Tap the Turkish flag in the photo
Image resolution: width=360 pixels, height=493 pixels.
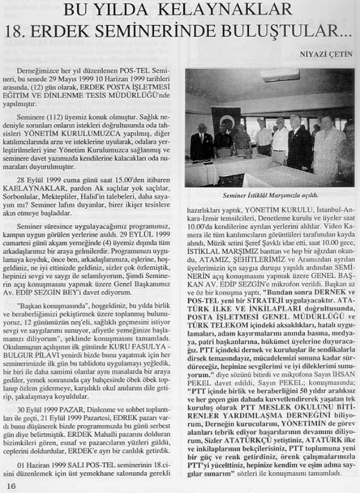tap(226, 122)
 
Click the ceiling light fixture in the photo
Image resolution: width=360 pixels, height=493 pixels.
tap(279, 75)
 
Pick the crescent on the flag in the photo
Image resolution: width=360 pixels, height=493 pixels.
tap(227, 122)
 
